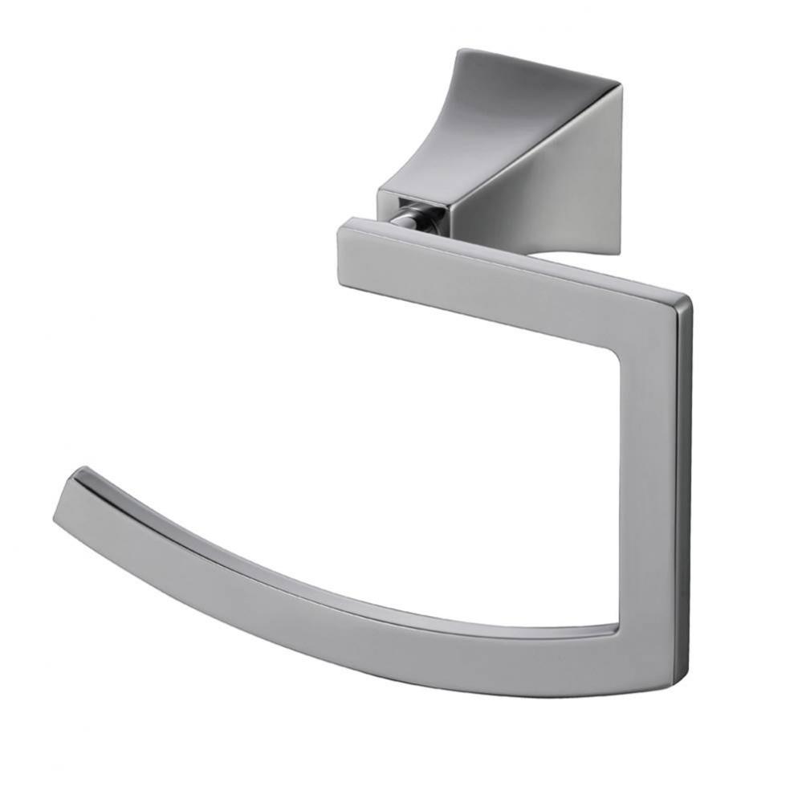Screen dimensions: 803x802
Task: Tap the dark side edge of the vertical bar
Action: coord(683,482)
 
